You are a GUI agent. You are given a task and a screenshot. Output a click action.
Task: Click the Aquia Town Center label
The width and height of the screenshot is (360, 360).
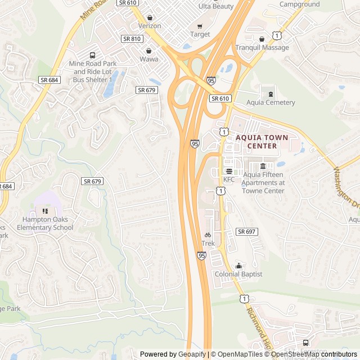pos(262,141)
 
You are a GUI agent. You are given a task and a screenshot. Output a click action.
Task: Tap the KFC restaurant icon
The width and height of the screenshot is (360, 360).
pos(229,171)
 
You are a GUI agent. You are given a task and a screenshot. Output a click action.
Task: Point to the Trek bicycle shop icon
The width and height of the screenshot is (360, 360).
pos(208,235)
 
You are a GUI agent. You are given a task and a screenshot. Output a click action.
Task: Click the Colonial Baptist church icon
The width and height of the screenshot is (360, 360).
pos(238,265)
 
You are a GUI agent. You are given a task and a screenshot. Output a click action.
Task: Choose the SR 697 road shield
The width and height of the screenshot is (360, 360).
pos(247,232)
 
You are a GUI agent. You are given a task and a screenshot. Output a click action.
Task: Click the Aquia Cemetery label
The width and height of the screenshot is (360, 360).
pos(271,102)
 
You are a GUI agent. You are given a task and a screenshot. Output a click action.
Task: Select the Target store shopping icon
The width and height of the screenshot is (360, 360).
pos(200,26)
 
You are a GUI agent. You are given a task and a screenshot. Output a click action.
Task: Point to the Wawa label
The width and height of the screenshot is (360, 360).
pos(149,58)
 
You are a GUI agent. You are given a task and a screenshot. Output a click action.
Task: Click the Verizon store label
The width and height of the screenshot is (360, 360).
pos(150,26)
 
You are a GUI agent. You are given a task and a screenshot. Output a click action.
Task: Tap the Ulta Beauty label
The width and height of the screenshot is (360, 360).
pos(216,6)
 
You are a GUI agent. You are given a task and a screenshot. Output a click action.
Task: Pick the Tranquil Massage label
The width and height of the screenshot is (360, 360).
pos(262,47)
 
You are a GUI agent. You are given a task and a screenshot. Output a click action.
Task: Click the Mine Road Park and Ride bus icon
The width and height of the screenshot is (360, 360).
pos(92,55)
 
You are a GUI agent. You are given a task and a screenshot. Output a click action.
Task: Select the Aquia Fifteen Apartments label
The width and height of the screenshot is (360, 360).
pos(263,183)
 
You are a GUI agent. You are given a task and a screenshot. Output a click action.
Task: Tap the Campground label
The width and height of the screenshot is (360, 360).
pos(300,4)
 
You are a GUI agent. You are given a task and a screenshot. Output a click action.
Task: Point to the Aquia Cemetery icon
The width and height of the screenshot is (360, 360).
pos(271,93)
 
